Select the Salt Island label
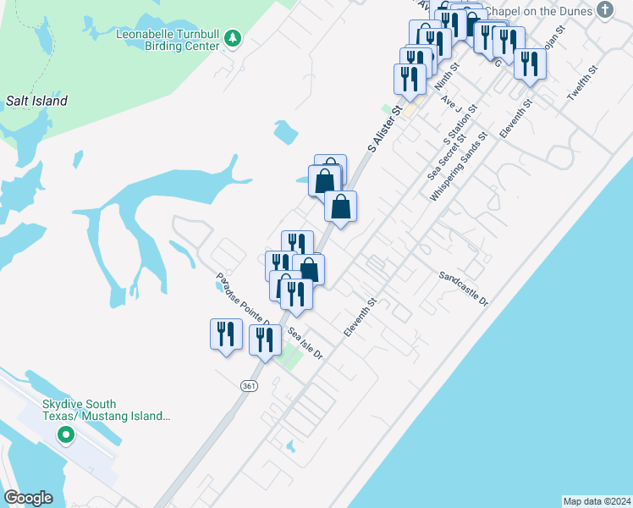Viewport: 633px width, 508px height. pos(36,101)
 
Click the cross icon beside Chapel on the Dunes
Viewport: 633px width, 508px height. pos(604,10)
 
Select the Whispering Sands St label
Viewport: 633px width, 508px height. pos(460,166)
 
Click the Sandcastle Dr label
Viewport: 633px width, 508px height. pos(464,289)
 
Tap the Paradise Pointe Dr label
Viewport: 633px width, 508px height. pos(242,297)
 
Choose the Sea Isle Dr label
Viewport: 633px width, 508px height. pos(305,343)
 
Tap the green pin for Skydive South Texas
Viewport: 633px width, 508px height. pos(64,437)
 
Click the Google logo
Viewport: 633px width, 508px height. pos(28,498)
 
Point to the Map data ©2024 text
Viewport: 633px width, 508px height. pos(597,500)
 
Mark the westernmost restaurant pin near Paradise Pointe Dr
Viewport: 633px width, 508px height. pos(226,334)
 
